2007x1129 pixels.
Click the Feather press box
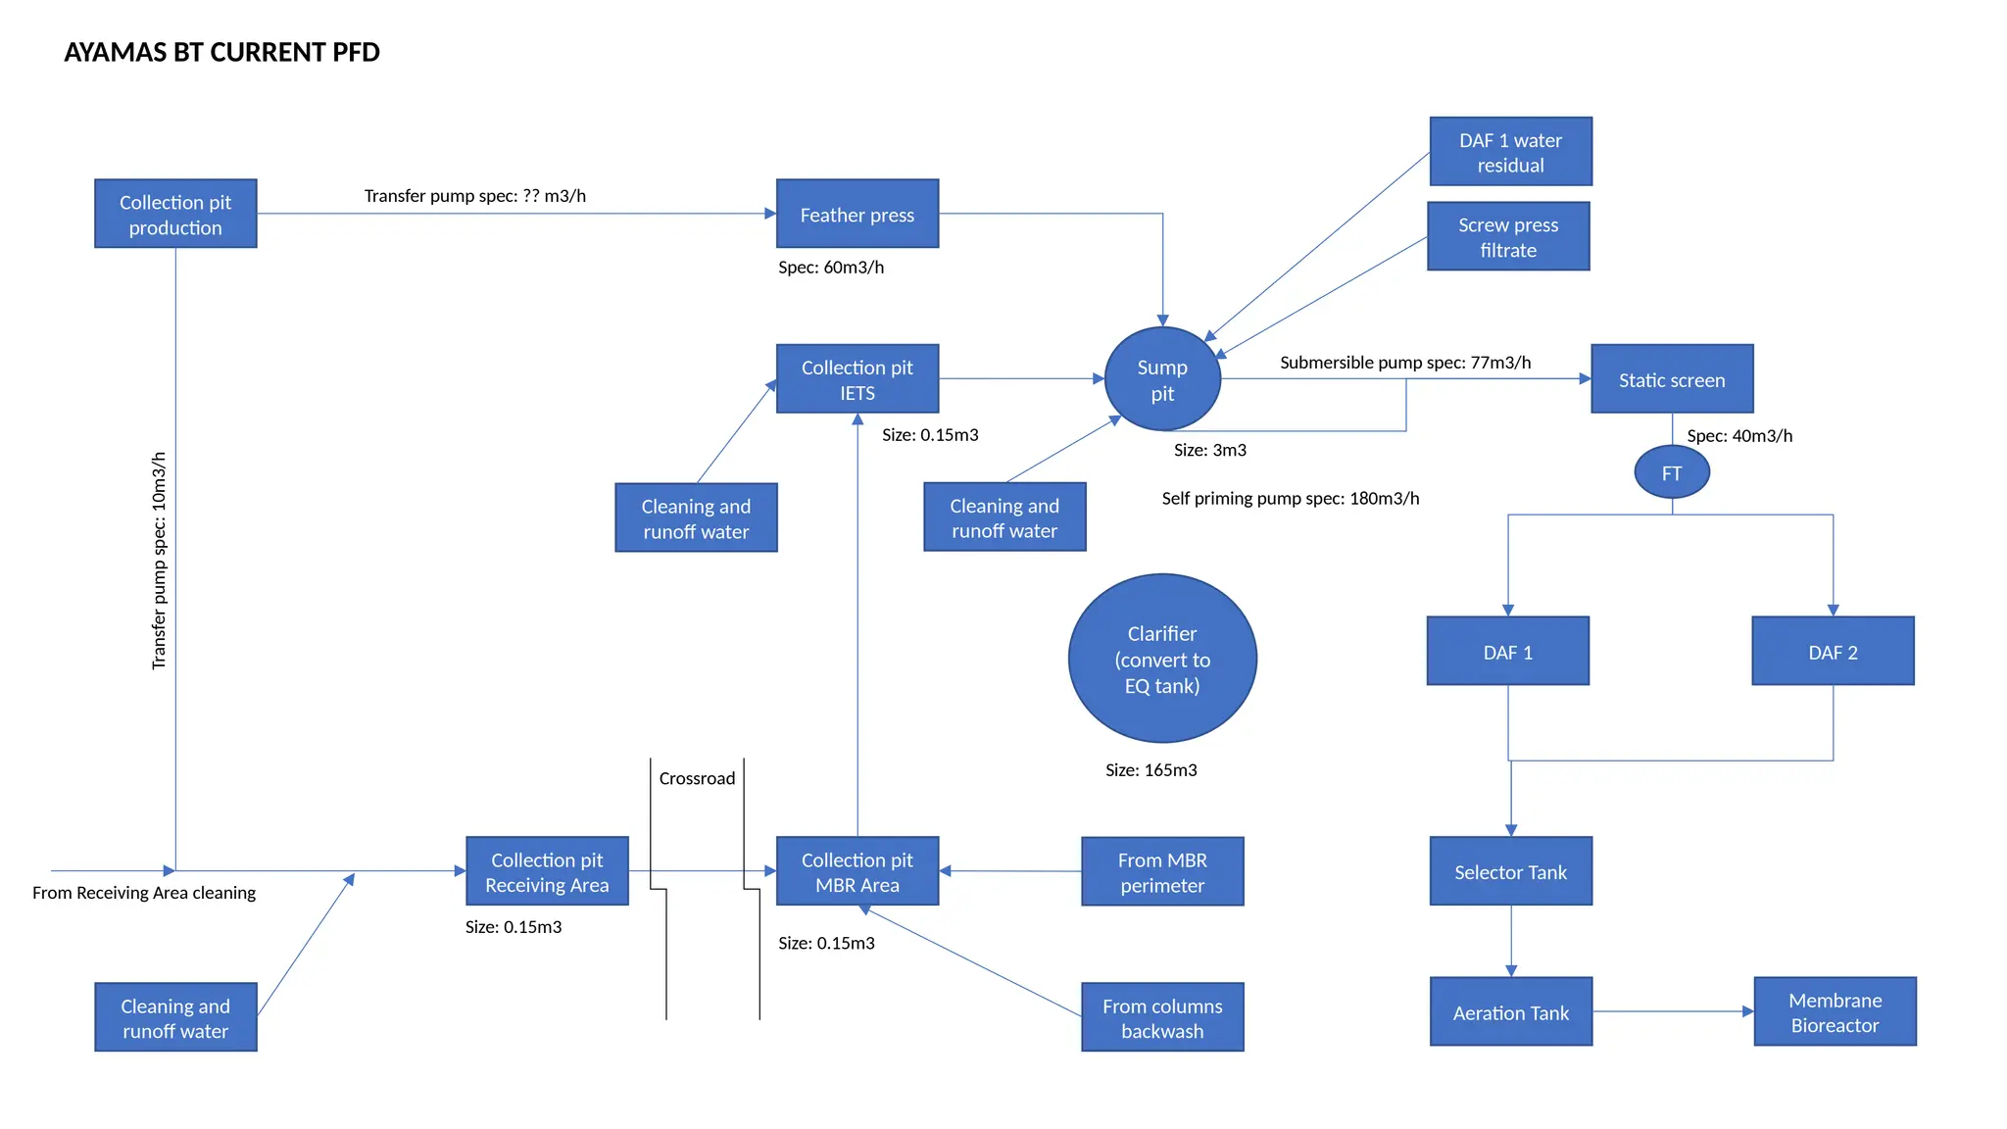pyautogui.click(x=857, y=214)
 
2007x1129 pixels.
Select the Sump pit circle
pyautogui.click(x=1162, y=379)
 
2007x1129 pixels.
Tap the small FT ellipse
pyautogui.click(x=1672, y=472)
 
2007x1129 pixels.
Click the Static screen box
pyautogui.click(x=1672, y=379)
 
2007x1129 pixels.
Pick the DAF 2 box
pyautogui.click(x=1833, y=652)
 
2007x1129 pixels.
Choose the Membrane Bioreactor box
pyautogui.click(x=1835, y=1011)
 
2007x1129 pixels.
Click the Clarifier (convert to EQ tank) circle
pyautogui.click(x=1162, y=659)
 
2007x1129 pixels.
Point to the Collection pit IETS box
pyautogui.click(x=857, y=379)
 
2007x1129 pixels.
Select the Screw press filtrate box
pyautogui.click(x=1508, y=236)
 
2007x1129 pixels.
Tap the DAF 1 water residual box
pyautogui.click(x=1510, y=152)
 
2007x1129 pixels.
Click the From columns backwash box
pyautogui.click(x=1162, y=1017)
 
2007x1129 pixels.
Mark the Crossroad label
pyautogui.click(x=697, y=778)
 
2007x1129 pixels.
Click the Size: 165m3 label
pyautogui.click(x=1150, y=770)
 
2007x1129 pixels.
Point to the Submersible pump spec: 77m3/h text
pyautogui.click(x=1405, y=363)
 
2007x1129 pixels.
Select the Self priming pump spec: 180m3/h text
pyautogui.click(x=1290, y=499)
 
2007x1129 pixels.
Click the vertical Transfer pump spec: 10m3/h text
pyautogui.click(x=159, y=561)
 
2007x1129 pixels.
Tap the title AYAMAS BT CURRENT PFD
pyautogui.click(x=221, y=52)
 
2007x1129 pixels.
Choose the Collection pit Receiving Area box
pyautogui.click(x=547, y=871)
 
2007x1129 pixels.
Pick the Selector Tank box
pyautogui.click(x=1510, y=871)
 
